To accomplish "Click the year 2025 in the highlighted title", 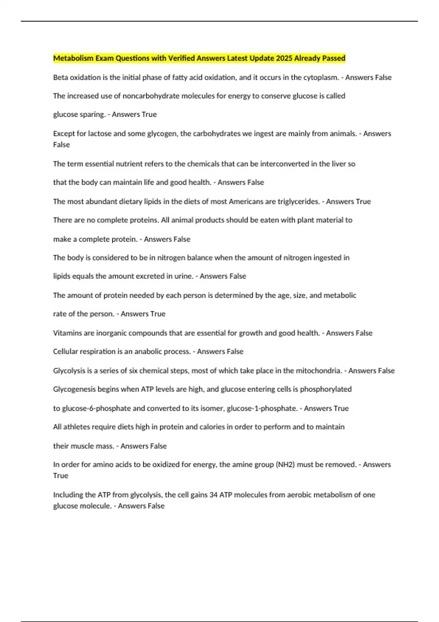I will click(x=284, y=58).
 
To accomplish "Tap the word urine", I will click(x=184, y=276).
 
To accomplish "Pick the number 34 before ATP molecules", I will click(x=213, y=495).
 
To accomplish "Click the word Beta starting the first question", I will click(x=60, y=78).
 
